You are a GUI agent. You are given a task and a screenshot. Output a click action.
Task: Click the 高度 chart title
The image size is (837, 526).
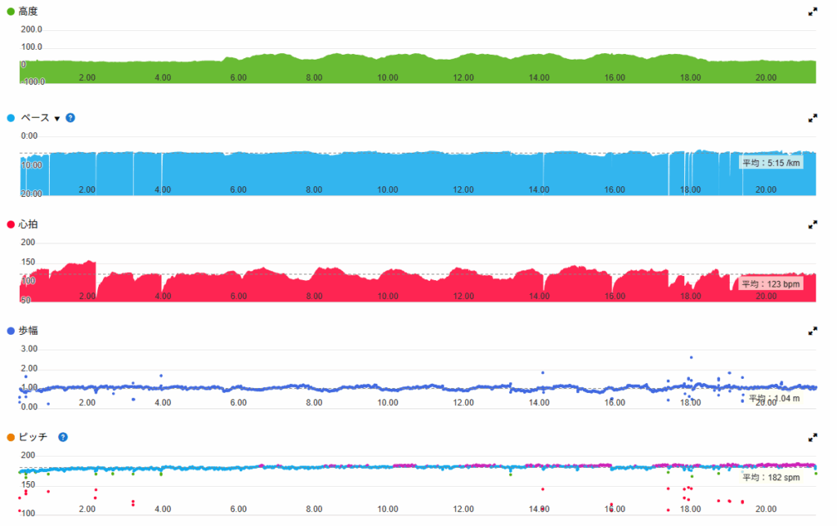28,12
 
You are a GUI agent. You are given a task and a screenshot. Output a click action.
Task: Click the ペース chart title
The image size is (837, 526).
35,118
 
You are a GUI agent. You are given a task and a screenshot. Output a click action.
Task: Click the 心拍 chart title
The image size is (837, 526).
28,225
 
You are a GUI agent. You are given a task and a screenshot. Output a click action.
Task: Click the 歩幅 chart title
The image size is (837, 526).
28,331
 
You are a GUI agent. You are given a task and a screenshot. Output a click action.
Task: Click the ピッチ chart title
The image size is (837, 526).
34,437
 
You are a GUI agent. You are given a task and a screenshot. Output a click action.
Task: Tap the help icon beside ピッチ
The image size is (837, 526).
63,437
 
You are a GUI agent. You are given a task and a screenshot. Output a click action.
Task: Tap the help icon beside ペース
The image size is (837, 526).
70,118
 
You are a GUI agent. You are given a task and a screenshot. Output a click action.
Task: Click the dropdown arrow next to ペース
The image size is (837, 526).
57,118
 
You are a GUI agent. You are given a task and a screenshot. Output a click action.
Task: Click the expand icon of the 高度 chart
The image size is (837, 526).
812,12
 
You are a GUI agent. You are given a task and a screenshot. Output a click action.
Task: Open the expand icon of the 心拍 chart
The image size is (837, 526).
812,225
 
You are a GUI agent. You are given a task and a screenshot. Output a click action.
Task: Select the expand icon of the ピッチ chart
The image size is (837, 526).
812,437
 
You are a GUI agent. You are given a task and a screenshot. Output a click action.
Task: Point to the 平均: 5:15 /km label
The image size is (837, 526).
771,163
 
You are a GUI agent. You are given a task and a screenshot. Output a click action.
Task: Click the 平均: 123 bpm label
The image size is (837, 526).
770,284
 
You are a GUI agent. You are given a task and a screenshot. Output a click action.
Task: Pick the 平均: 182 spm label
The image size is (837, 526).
770,477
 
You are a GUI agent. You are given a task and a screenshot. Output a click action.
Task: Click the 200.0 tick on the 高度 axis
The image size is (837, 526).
31,29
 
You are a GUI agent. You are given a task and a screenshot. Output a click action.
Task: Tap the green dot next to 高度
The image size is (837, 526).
10,12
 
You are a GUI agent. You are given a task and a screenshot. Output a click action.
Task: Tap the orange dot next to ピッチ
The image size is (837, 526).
10,437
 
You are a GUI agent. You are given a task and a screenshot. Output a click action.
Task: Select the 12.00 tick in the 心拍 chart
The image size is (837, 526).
463,296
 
